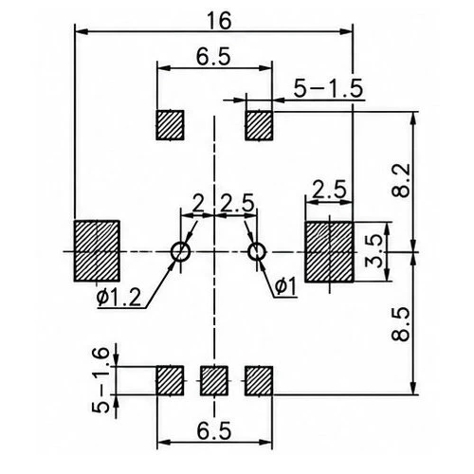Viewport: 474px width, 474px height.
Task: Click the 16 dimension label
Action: click(x=219, y=21)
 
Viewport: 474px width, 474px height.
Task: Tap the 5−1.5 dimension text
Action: click(x=328, y=88)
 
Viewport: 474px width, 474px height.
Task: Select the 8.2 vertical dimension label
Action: click(x=400, y=180)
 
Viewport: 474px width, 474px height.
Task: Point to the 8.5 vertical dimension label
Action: click(x=400, y=324)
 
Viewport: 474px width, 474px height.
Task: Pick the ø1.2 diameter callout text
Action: click(x=118, y=298)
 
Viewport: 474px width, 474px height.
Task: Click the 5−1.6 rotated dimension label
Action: click(x=100, y=380)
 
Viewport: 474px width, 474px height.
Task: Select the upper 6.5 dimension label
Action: click(x=213, y=57)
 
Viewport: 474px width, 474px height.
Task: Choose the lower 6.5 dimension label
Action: click(x=214, y=431)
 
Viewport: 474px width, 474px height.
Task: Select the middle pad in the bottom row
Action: click(x=214, y=381)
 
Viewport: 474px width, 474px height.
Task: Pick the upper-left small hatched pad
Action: click(x=170, y=125)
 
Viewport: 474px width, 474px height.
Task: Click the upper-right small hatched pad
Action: click(x=259, y=125)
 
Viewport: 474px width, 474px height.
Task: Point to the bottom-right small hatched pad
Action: click(x=259, y=381)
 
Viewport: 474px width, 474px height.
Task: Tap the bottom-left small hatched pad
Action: click(x=170, y=381)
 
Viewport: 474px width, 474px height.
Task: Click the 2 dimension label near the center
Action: click(x=198, y=203)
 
